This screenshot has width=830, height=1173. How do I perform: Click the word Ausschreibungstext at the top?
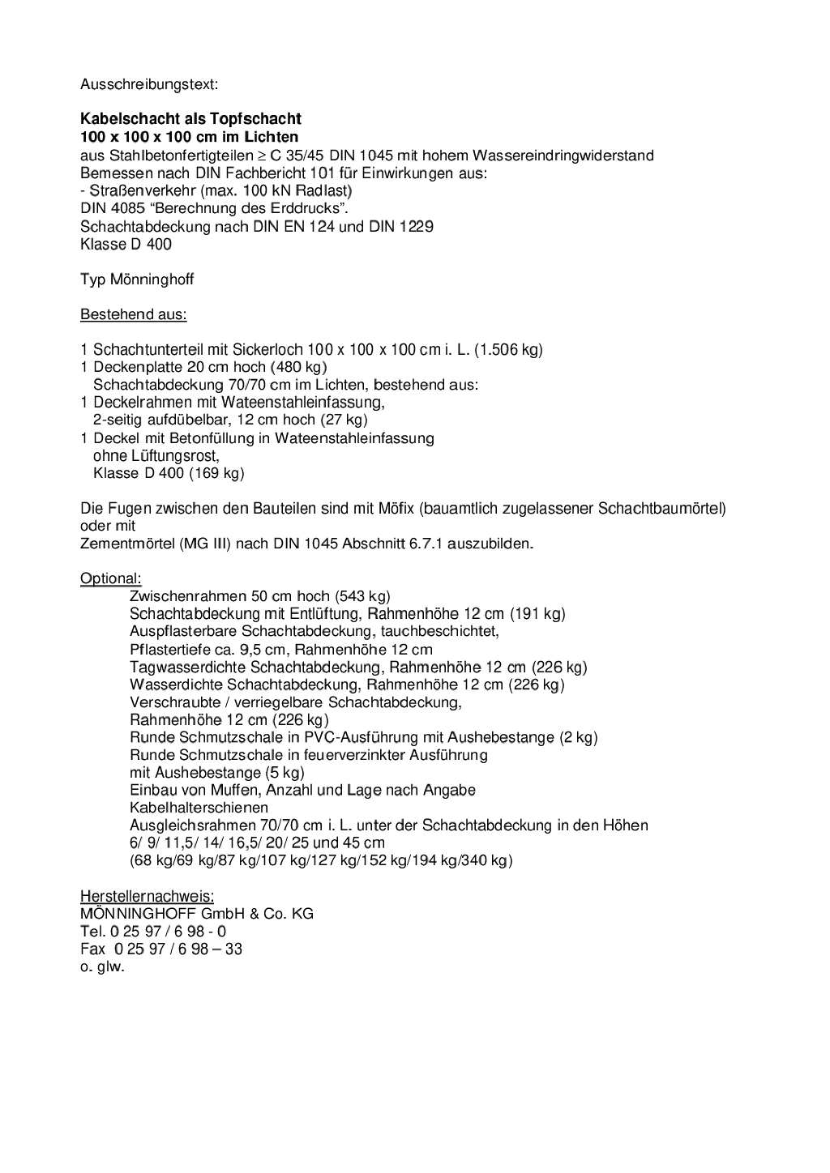148,84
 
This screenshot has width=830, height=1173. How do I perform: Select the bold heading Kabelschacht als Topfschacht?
190,119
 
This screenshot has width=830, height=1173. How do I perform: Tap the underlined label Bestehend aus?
133,314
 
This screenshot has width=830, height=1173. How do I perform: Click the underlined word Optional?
110,578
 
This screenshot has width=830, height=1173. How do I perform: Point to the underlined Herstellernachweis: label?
147,896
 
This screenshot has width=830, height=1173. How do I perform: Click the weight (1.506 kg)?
508,350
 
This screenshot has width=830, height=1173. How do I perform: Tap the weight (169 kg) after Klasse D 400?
216,473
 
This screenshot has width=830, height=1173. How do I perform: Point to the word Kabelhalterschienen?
199,808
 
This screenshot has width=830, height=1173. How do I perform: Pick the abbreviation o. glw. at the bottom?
102,966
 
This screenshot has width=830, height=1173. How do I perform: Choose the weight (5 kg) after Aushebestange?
285,773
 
